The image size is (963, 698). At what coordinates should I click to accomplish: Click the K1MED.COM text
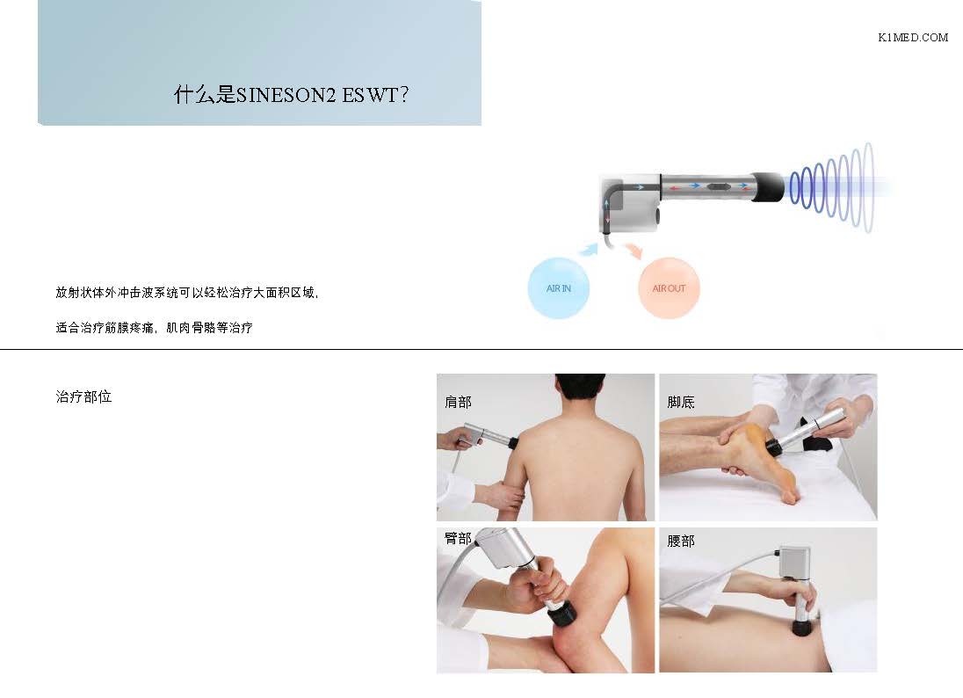(913, 38)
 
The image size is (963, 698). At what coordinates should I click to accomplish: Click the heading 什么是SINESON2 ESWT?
(291, 95)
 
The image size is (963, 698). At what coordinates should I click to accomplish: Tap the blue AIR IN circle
(558, 288)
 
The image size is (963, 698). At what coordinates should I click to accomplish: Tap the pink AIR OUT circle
(669, 288)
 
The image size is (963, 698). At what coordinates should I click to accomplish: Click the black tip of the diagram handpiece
(768, 186)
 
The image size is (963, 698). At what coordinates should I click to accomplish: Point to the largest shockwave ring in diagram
(868, 187)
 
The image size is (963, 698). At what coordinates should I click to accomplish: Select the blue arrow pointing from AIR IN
(589, 248)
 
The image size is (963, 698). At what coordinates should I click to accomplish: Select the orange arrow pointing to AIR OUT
(634, 250)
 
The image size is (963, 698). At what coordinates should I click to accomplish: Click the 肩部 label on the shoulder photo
(458, 402)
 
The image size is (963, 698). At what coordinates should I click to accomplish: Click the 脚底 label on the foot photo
(680, 402)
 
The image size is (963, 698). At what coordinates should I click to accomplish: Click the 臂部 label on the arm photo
(458, 538)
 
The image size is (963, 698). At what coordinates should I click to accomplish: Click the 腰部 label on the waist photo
(680, 541)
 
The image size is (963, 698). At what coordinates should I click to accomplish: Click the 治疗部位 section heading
(83, 397)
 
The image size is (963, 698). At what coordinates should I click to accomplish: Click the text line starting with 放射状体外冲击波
(187, 293)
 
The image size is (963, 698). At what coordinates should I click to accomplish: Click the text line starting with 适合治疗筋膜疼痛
(154, 328)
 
